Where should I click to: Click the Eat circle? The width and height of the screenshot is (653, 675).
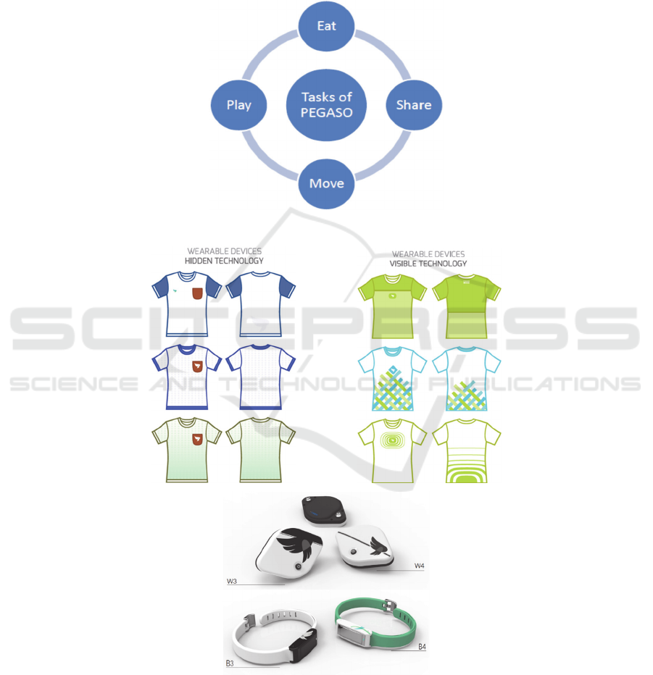326,26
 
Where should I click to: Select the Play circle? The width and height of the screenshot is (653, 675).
238,105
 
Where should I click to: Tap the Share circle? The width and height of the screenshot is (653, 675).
414,105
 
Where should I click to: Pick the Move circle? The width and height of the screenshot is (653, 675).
326,184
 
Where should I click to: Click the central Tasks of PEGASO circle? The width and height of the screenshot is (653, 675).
326,105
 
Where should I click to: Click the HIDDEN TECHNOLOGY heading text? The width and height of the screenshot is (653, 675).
224,261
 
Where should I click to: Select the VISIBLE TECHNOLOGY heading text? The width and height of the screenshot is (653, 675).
428,264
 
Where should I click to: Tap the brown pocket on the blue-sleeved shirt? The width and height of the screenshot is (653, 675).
197,293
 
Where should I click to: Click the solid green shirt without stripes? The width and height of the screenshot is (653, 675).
467,306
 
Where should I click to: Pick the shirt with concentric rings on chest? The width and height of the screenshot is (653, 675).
392,450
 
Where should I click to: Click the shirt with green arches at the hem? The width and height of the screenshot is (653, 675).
467,450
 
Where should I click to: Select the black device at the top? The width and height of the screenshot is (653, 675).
324,510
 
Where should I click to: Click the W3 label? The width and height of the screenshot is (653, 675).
232,581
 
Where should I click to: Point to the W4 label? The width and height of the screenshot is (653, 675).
419,566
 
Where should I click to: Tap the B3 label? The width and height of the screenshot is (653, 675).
230,663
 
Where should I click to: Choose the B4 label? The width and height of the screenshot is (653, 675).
422,647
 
